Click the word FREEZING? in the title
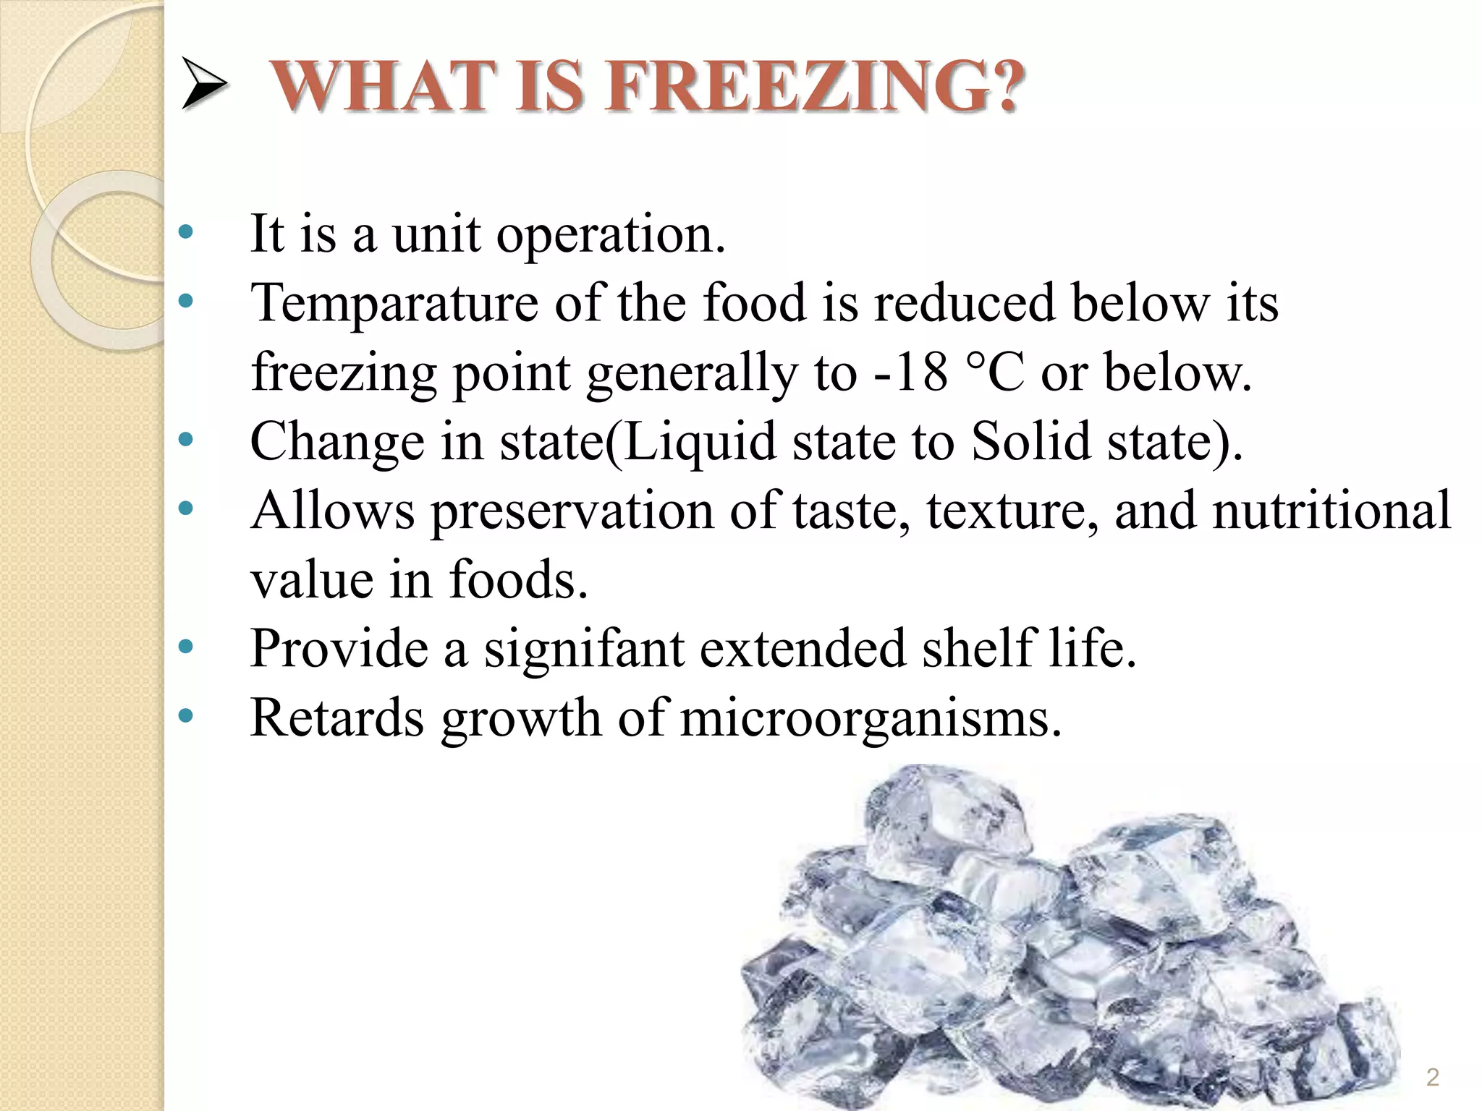(815, 87)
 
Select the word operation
(611, 235)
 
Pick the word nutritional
(1331, 510)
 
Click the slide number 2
(1432, 1078)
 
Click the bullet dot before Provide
(186, 647)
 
